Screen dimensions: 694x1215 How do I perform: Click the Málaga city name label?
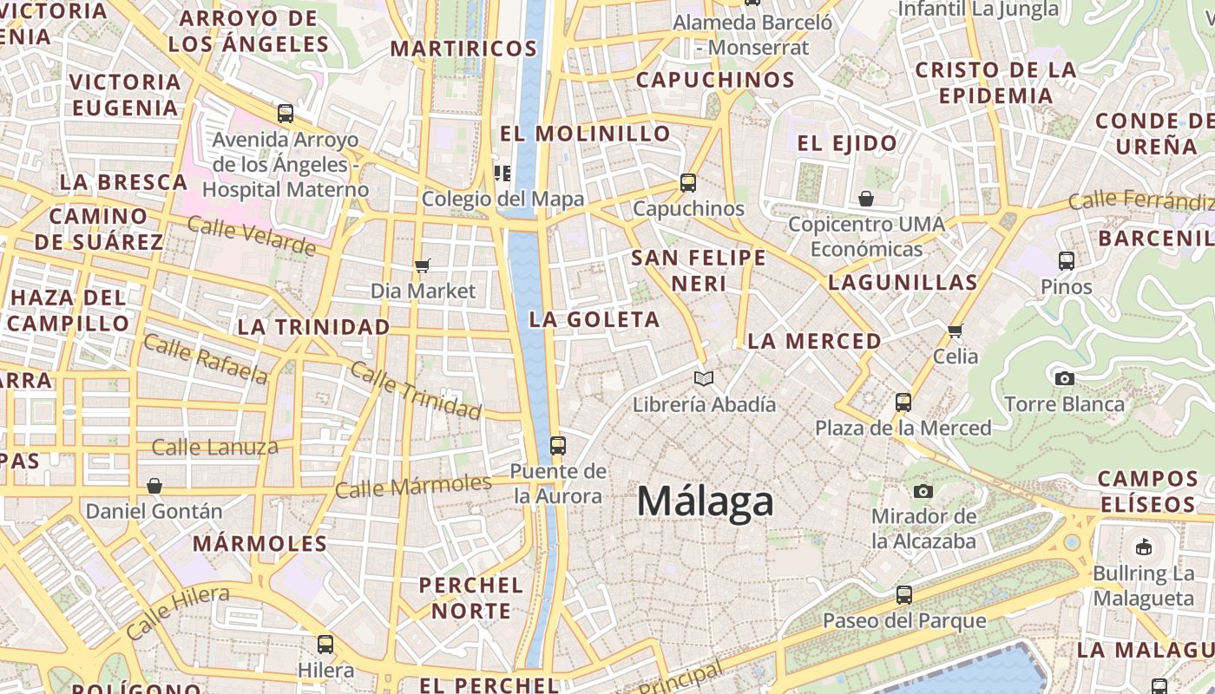point(705,502)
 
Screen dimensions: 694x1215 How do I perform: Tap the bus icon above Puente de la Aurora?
point(558,446)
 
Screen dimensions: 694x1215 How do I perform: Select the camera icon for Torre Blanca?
point(1064,378)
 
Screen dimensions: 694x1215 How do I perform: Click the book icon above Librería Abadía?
point(704,378)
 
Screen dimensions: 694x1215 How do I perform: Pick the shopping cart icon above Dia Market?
point(423,265)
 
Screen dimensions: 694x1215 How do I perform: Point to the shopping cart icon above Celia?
point(956,331)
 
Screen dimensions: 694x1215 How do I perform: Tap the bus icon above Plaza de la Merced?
point(903,403)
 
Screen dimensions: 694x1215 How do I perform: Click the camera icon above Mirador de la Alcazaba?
point(923,491)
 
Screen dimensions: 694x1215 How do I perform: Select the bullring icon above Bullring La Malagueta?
point(1143,547)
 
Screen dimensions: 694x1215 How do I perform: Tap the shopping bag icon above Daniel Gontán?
point(154,486)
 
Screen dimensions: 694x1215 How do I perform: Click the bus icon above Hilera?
point(325,645)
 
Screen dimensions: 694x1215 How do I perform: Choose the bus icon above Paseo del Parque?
point(904,595)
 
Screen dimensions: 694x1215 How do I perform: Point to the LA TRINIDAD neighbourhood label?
point(313,327)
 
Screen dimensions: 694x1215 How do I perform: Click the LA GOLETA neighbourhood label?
point(594,319)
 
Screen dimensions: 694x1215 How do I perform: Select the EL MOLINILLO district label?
point(586,134)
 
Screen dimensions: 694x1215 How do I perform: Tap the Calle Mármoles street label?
point(413,486)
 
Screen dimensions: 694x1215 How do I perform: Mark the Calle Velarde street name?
point(252,237)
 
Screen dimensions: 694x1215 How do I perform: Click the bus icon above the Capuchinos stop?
point(688,183)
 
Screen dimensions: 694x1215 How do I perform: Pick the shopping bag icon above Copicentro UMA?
point(865,199)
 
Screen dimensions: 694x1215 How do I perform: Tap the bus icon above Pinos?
point(1067,260)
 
